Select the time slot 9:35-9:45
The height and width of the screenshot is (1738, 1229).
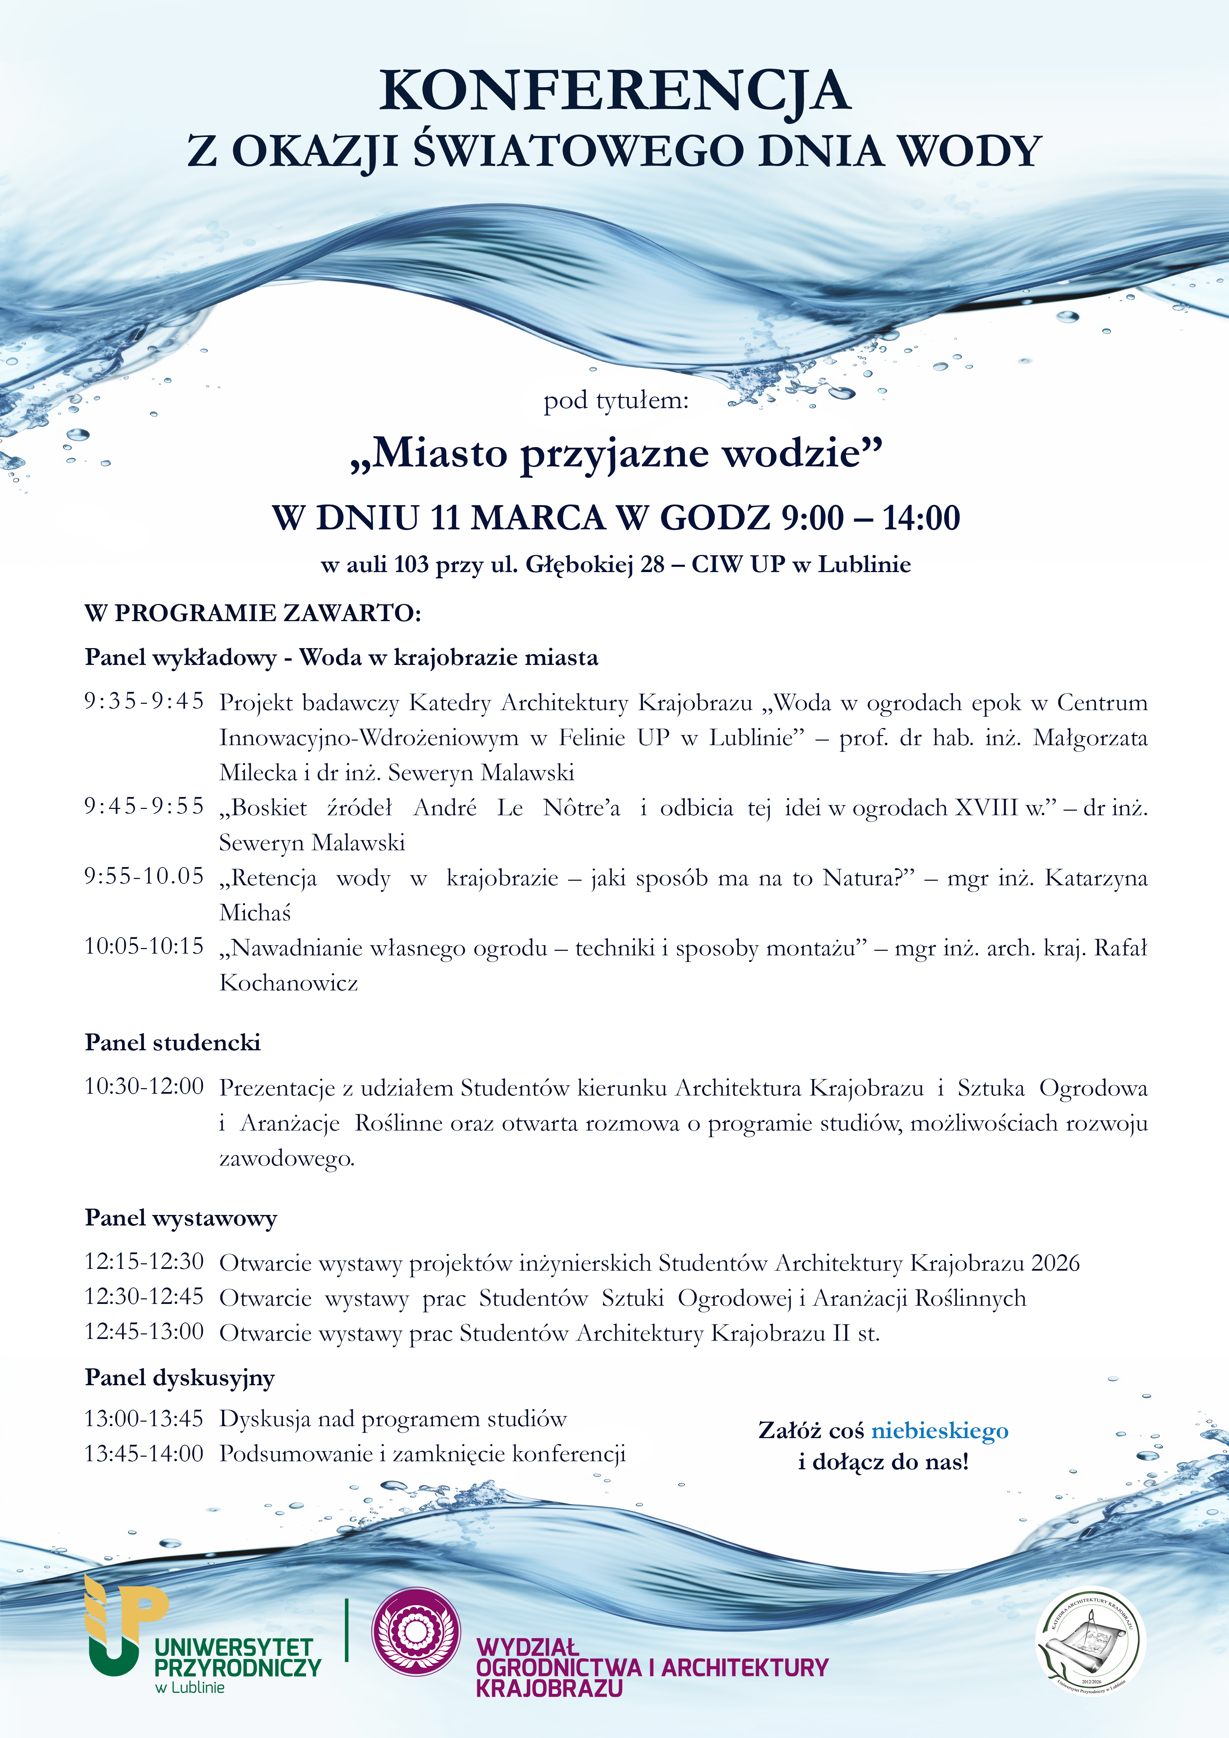point(144,702)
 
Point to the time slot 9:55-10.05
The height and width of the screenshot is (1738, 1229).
point(144,877)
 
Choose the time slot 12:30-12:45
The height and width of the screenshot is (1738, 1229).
point(144,1297)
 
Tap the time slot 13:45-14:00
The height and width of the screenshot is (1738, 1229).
point(144,1454)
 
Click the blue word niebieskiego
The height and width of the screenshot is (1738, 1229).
point(940,1431)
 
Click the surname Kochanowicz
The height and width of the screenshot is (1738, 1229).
point(288,983)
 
